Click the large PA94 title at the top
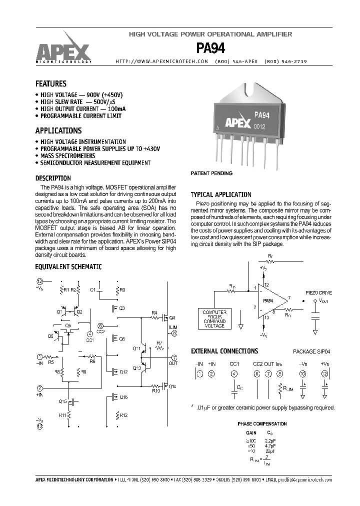coord(210,48)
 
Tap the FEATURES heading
coord(50,84)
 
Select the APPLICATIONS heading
coord(58,130)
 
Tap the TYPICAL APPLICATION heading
coord(221,194)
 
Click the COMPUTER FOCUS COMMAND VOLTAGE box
coord(214,318)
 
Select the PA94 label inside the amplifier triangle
coord(268,301)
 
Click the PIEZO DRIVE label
coord(318,292)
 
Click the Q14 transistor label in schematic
coord(171,386)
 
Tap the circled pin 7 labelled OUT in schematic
coord(174,357)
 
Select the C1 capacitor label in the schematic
coord(93,289)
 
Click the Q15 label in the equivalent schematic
coord(62,401)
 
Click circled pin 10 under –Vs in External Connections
coord(302,373)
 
